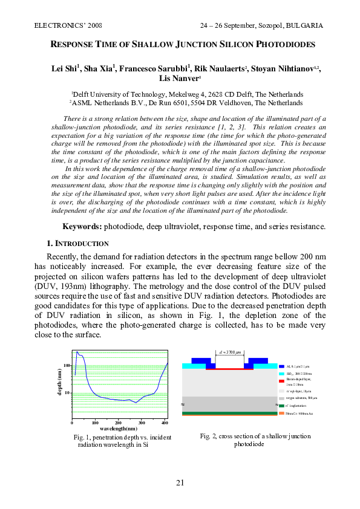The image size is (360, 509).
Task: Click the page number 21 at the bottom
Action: (x=180, y=482)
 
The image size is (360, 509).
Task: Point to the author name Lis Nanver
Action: (x=179, y=79)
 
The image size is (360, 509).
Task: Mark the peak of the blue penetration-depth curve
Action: (x=77, y=352)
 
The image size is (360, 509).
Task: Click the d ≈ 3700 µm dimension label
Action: (x=229, y=351)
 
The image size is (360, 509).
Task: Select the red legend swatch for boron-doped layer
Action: (x=282, y=381)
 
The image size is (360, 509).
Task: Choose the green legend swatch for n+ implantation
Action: (x=282, y=406)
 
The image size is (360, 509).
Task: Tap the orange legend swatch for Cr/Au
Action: (x=282, y=413)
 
